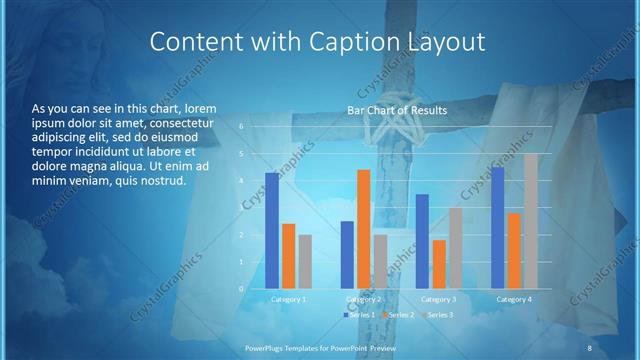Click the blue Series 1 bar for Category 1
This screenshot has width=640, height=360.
point(272,231)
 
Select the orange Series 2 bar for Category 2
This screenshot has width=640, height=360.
point(363,229)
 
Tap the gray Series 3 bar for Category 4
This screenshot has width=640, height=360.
point(530,221)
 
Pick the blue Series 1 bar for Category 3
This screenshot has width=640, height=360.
point(422,241)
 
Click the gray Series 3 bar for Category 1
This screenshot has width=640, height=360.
point(305,262)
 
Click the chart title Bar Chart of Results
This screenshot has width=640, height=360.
point(397,110)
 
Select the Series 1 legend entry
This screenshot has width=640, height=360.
point(361,315)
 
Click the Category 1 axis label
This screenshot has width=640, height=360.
point(289,299)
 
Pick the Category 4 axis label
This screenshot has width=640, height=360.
point(514,299)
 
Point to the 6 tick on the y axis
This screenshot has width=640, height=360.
point(241,126)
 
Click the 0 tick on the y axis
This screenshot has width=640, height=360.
point(241,288)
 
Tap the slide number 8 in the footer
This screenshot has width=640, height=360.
point(589,346)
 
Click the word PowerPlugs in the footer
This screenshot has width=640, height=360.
point(267,346)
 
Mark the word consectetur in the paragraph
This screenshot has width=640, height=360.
point(176,122)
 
